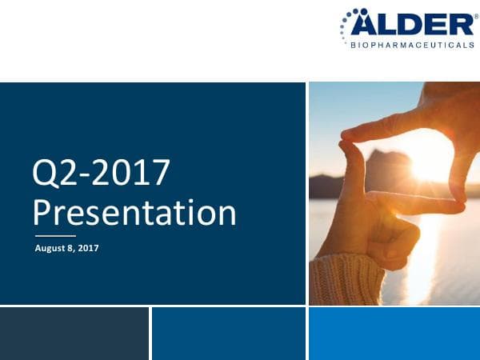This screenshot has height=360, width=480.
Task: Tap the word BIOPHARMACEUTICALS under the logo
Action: tap(413, 45)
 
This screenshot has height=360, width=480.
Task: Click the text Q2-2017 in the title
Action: tap(100, 174)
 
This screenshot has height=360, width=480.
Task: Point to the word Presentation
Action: tap(134, 212)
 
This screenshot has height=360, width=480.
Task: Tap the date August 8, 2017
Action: tap(66, 248)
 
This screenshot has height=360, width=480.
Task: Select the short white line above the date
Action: tap(55, 236)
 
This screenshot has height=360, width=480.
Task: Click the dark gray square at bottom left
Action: tap(74, 334)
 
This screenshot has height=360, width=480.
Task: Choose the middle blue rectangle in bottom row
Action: tap(228, 334)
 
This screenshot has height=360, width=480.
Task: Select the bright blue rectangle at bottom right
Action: tap(394, 334)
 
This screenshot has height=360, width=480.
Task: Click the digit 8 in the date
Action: tap(70, 248)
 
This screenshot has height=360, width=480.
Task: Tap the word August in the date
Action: tap(50, 248)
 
